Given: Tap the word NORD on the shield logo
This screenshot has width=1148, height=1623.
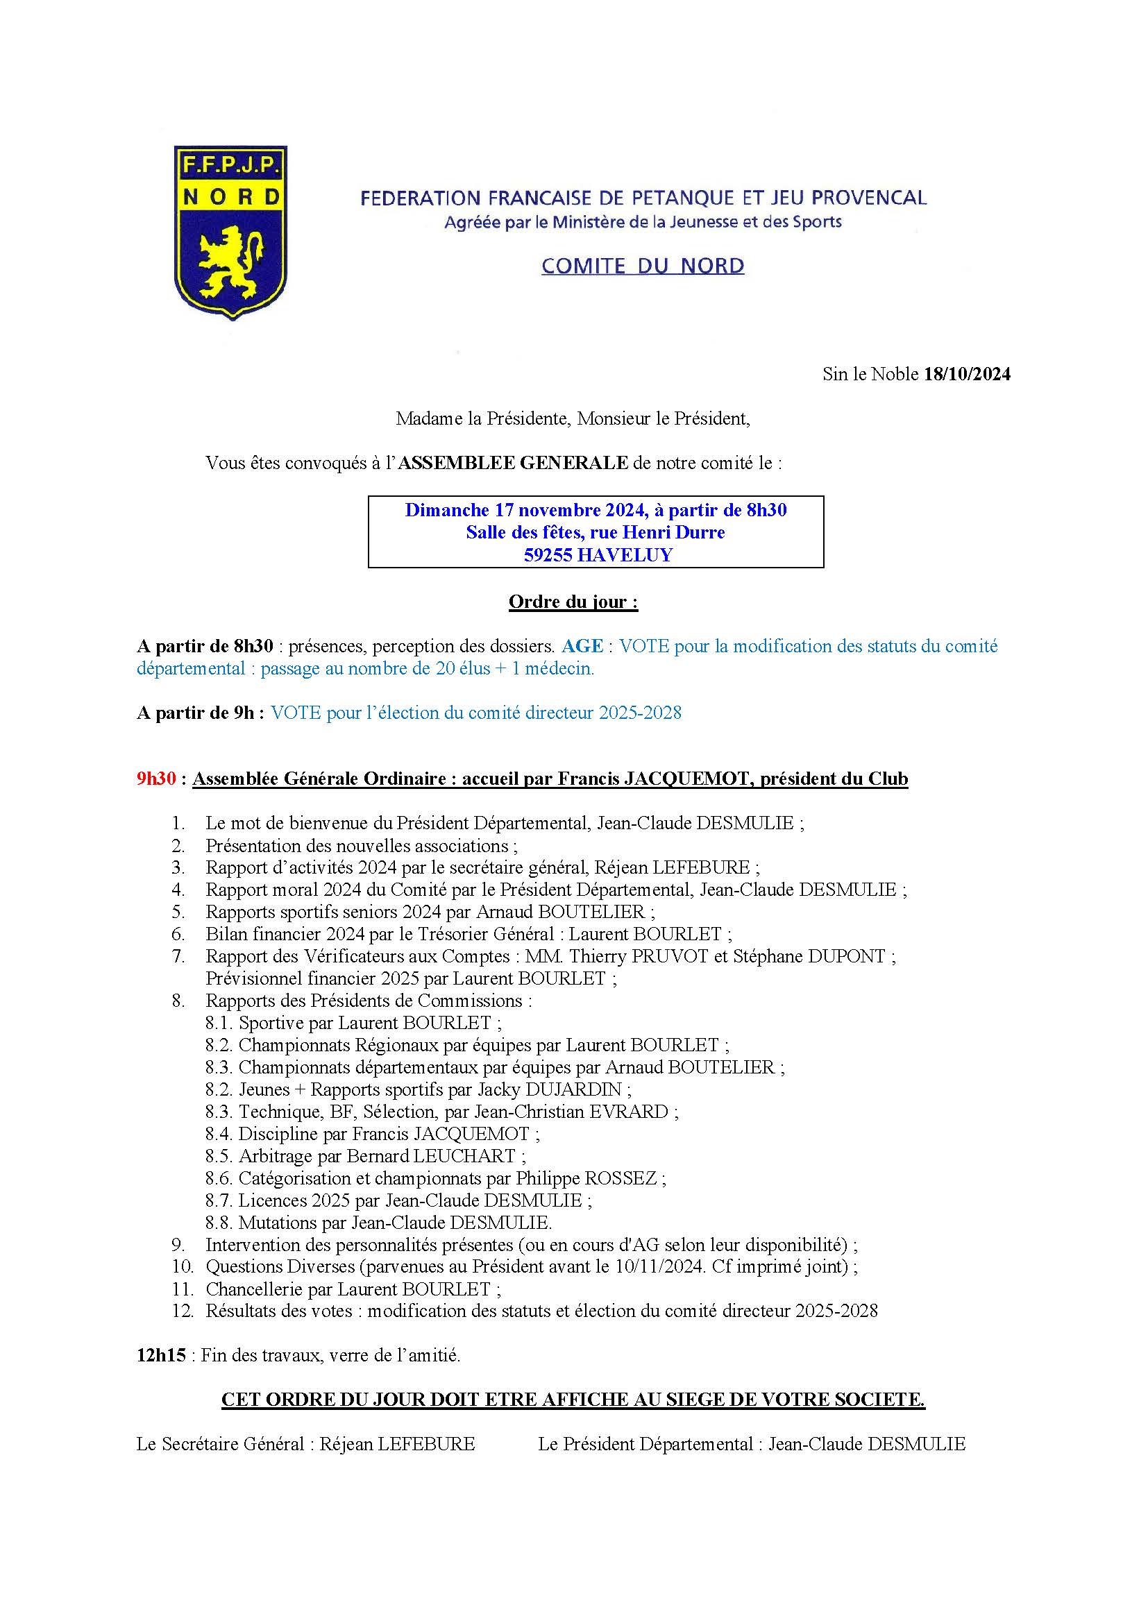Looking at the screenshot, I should [231, 196].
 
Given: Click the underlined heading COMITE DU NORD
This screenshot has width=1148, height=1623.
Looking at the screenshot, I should [643, 266].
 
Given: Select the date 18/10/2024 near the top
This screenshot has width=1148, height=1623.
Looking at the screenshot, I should [967, 374].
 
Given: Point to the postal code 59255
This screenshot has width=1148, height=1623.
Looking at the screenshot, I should [548, 555].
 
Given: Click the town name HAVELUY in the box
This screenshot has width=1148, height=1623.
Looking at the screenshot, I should [625, 555].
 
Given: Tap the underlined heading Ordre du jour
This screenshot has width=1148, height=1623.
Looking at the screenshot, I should [573, 602].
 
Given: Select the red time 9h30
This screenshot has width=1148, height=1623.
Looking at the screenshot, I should [156, 779].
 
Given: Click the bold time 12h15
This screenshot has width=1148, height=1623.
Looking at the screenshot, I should [161, 1356].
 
